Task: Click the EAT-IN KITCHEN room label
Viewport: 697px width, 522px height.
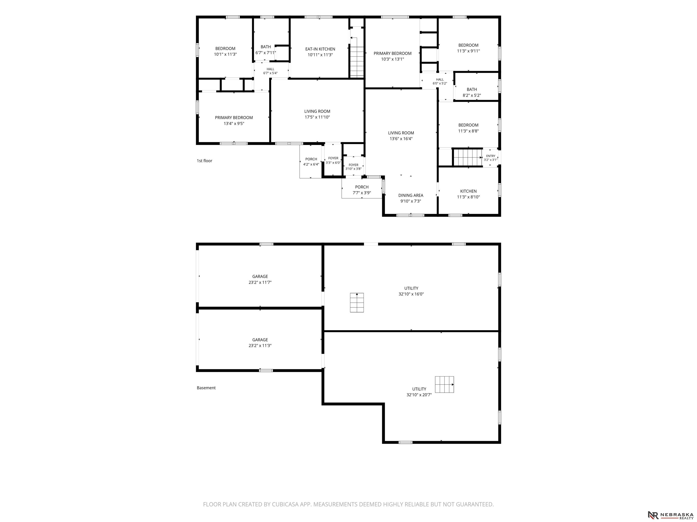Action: click(320, 49)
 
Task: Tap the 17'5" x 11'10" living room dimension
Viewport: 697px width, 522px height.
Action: click(317, 117)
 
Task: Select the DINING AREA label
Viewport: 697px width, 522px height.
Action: click(411, 195)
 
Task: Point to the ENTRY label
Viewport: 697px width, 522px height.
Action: click(491, 156)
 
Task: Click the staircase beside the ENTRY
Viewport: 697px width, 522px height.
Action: click(468, 157)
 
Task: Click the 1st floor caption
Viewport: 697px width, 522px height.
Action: click(204, 161)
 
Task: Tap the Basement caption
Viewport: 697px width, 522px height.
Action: click(206, 388)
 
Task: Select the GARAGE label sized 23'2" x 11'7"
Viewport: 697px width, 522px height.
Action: click(260, 277)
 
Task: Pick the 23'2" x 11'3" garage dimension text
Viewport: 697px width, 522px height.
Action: click(260, 346)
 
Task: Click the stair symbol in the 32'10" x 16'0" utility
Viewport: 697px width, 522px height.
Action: click(357, 303)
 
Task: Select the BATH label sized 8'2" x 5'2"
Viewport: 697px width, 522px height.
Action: click(472, 90)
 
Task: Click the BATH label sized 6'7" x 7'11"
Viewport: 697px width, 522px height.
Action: click(266, 47)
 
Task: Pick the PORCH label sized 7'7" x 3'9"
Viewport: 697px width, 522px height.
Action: click(362, 187)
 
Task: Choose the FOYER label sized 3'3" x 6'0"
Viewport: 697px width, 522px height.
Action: click(333, 158)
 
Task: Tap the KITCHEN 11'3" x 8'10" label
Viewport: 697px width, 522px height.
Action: click(468, 191)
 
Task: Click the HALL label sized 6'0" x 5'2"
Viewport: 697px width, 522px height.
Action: click(440, 80)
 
